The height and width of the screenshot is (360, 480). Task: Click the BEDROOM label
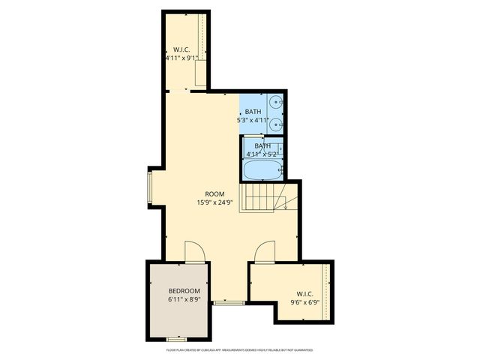pos(184,291)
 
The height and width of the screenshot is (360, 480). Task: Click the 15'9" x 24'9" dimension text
pos(215,202)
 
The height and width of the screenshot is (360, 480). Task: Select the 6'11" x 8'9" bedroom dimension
pos(184,299)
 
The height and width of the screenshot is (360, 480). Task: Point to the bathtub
pos(261,169)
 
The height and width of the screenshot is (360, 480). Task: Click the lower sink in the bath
pos(277,124)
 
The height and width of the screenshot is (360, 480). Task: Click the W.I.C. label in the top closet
pos(181,49)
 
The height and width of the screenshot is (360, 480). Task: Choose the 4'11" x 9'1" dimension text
pos(181,58)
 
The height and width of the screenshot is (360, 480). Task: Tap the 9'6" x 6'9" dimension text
pos(304,303)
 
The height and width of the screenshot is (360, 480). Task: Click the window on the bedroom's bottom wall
pos(176,339)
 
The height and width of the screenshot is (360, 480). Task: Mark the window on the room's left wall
pos(150,188)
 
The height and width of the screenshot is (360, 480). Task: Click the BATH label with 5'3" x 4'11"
pos(253,112)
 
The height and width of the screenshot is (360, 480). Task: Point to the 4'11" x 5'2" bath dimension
pos(262,154)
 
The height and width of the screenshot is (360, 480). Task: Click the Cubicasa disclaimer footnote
pos(240,350)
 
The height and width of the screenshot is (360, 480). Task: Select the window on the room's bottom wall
pos(228,302)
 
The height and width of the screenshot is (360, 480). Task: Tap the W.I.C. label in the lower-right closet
pos(304,294)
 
